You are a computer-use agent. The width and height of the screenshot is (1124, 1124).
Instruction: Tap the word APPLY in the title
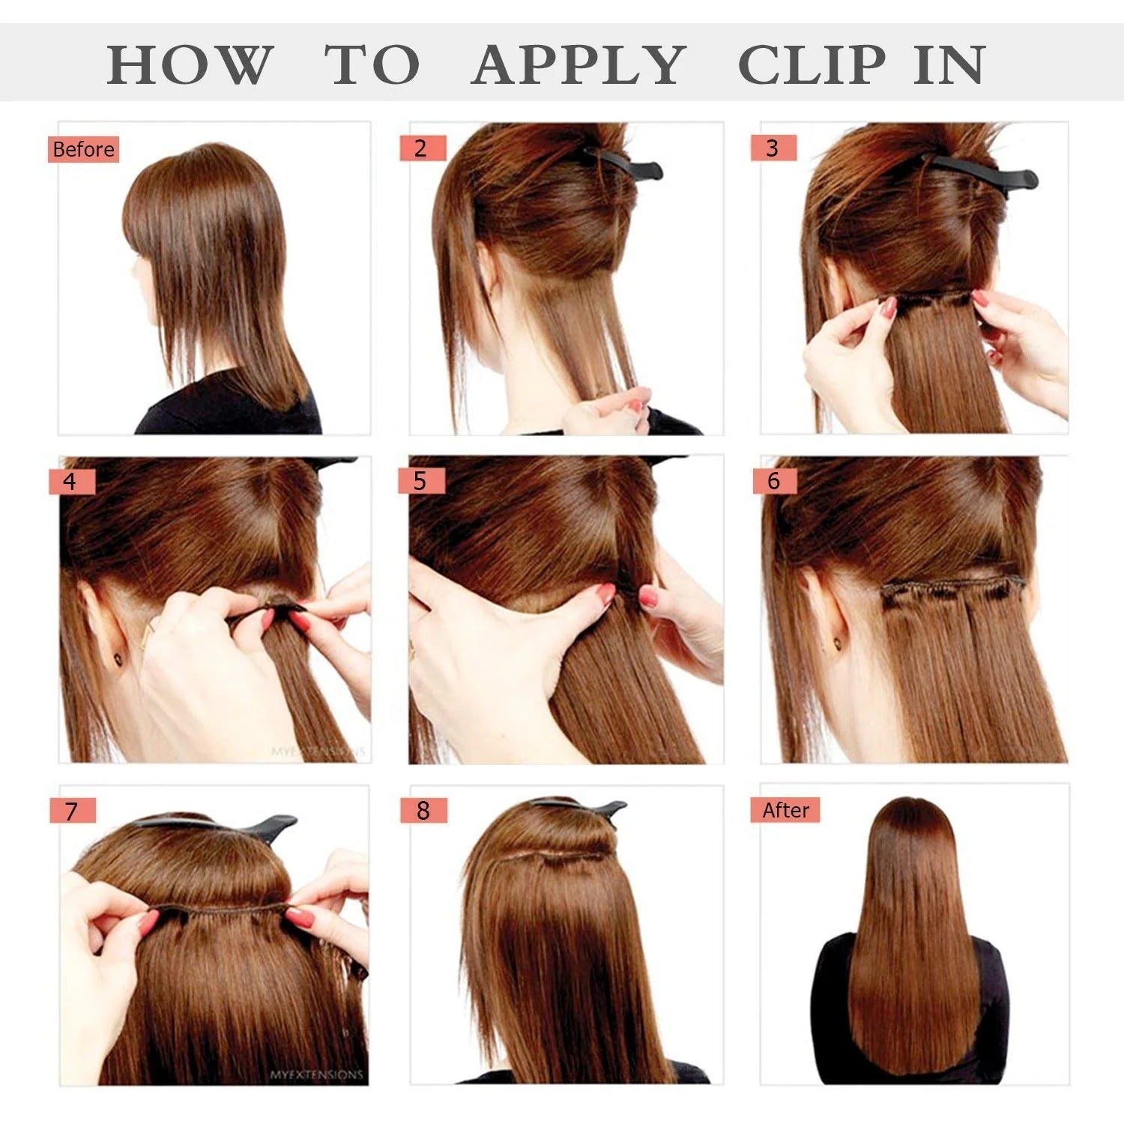click(578, 65)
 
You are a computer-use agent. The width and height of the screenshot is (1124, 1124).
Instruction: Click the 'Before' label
click(83, 149)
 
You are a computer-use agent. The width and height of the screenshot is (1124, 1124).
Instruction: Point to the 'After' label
click(785, 810)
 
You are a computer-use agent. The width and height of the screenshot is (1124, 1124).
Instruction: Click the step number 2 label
click(422, 148)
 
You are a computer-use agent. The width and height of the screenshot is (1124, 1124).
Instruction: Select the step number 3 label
click(773, 148)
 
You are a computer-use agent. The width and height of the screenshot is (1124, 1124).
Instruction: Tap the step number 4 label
click(71, 481)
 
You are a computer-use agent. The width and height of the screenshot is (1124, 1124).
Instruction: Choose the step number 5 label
click(421, 481)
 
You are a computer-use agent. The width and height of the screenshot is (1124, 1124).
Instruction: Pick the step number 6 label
click(774, 481)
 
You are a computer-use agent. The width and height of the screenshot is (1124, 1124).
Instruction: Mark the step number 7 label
click(72, 811)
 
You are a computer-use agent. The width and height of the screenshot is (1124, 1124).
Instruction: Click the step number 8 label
click(423, 810)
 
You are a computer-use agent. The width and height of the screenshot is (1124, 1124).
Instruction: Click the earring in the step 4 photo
click(118, 659)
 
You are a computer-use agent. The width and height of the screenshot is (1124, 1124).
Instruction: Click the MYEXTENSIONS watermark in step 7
click(316, 1075)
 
